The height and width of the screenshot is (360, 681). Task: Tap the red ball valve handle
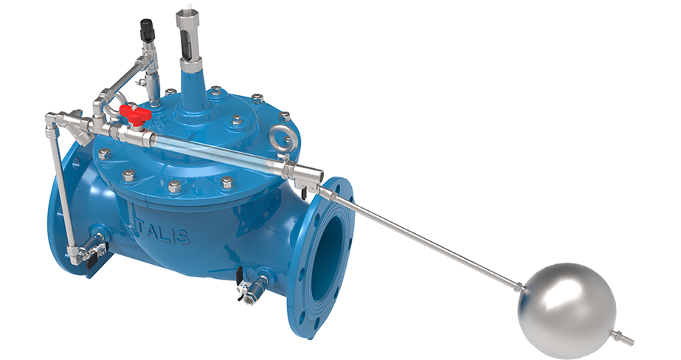(x=134, y=114)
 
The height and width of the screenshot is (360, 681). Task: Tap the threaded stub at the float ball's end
(x=624, y=339)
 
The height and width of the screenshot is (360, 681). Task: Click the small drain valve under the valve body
(x=248, y=288)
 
